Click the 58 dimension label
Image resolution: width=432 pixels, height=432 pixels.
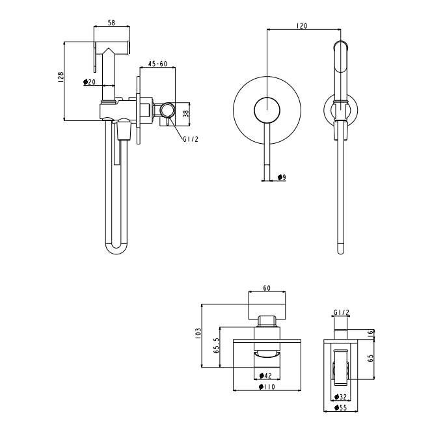point(111,23)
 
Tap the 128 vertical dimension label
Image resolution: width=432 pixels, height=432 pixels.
point(61,77)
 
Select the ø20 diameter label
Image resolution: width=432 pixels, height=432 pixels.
point(89,82)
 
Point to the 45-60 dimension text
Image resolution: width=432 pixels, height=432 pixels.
point(157,64)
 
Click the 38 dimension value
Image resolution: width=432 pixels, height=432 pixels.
point(187,114)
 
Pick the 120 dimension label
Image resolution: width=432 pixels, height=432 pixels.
point(302,26)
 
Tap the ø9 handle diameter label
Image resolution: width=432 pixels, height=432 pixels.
point(282,177)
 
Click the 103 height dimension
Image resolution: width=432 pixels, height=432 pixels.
point(198,333)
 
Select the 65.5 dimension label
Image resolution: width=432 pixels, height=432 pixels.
point(217,345)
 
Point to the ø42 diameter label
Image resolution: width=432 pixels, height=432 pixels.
point(265,375)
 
